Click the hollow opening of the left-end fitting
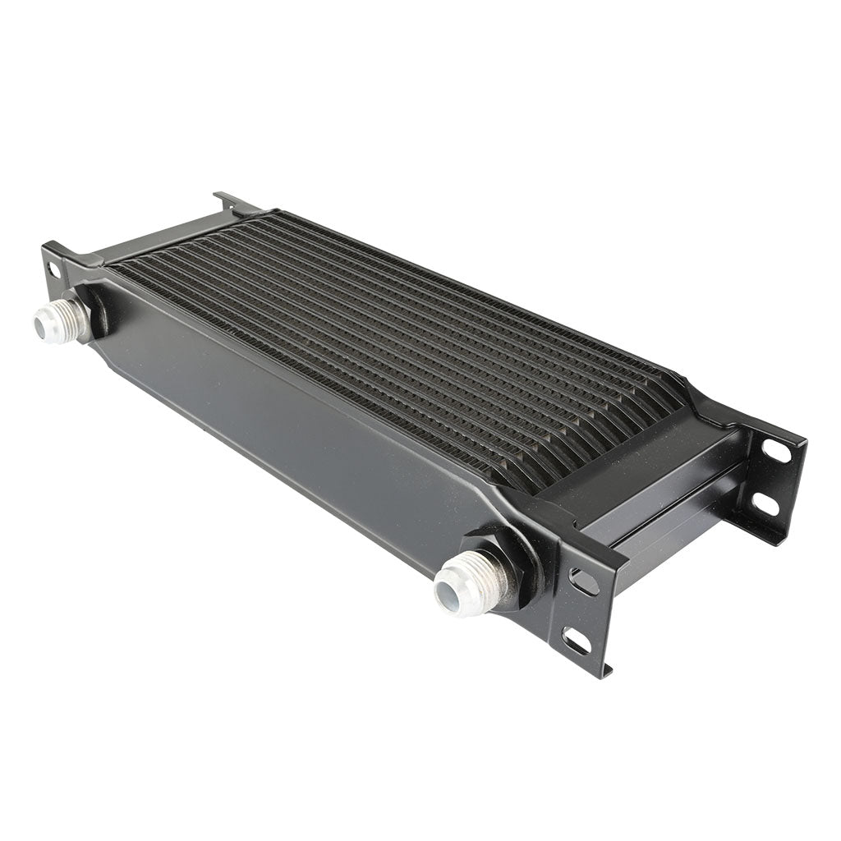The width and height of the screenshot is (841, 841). pyautogui.click(x=40, y=327)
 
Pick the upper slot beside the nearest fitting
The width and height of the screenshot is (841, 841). pyautogui.click(x=584, y=581)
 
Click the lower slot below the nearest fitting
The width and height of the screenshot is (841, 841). pyautogui.click(x=577, y=640)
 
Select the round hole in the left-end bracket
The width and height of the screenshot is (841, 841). pyautogui.click(x=53, y=269)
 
